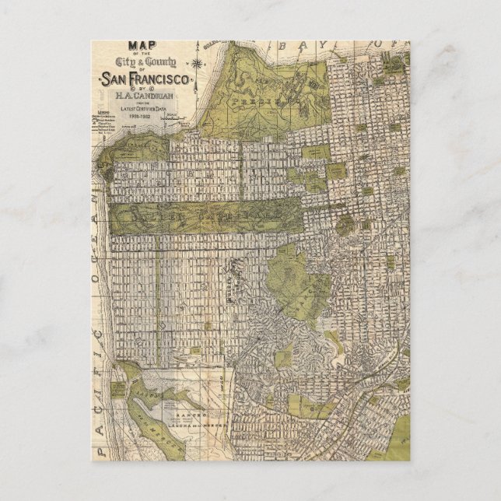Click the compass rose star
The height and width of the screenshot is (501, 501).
point(200,62)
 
